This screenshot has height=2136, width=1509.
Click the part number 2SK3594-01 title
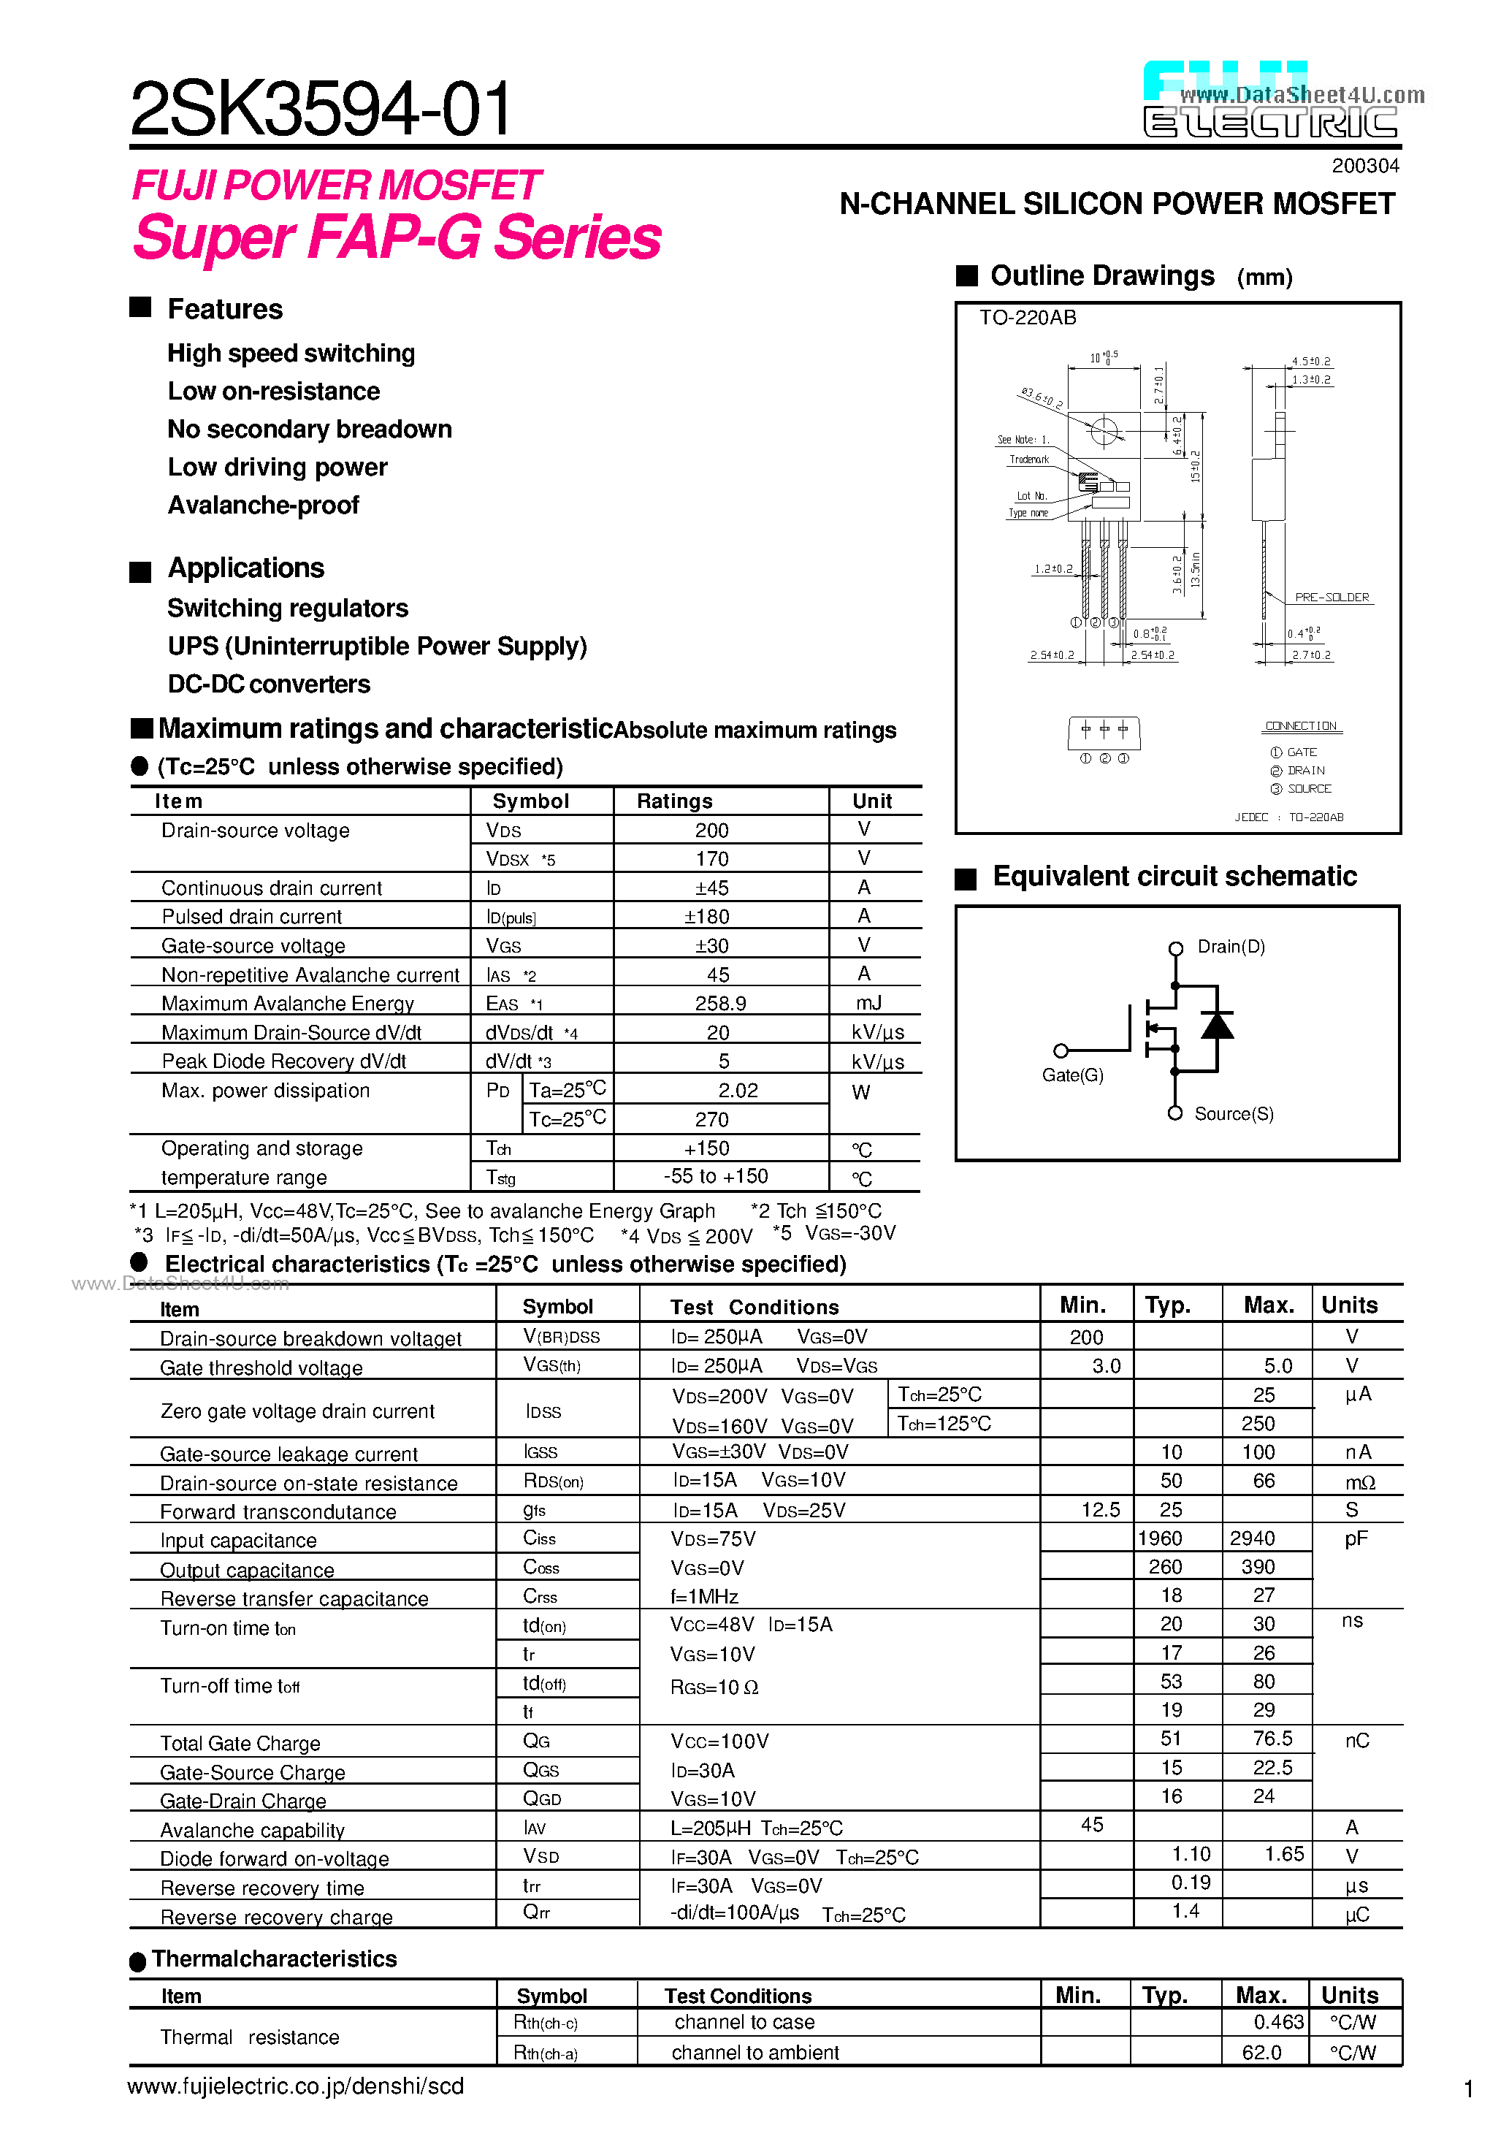pyautogui.click(x=321, y=109)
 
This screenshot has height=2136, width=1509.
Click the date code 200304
pyautogui.click(x=1365, y=166)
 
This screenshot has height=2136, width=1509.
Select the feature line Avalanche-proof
pyautogui.click(x=263, y=506)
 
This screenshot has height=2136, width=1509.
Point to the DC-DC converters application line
pyautogui.click(x=269, y=684)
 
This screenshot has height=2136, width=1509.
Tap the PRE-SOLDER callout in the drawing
pyautogui.click(x=1332, y=598)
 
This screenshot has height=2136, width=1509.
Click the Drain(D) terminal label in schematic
pyautogui.click(x=1231, y=946)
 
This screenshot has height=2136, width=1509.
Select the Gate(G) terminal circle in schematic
pyautogui.click(x=1061, y=1050)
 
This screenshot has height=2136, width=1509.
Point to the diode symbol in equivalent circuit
pyautogui.click(x=1217, y=1025)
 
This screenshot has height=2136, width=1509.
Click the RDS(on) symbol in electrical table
pyautogui.click(x=554, y=1481)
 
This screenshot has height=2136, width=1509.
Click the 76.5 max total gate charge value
pyautogui.click(x=1272, y=1739)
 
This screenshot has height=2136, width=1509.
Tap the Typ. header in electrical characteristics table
pyautogui.click(x=1168, y=1305)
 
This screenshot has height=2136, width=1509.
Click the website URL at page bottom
pyautogui.click(x=296, y=2086)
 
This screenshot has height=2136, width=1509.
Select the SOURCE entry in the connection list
pyautogui.click(x=1309, y=789)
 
